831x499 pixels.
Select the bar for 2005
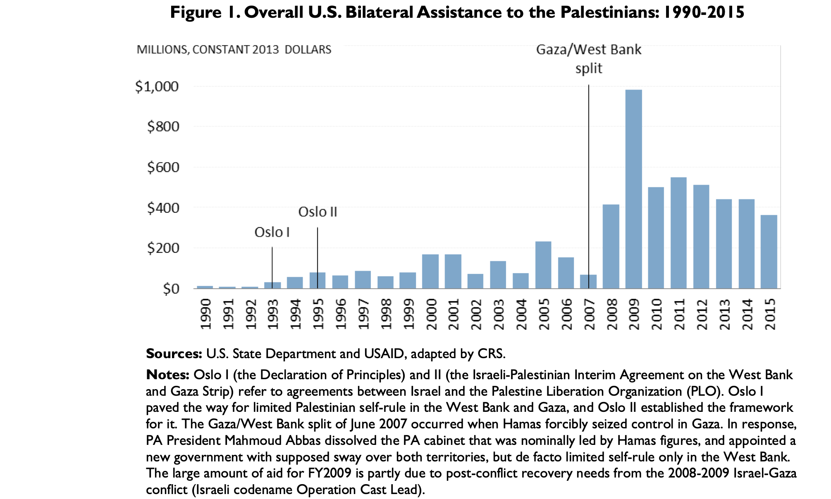coord(543,265)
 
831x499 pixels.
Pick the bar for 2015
coord(769,252)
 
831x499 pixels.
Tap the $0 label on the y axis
coord(171,289)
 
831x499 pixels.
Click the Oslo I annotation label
coord(272,232)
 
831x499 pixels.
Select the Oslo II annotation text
coord(318,212)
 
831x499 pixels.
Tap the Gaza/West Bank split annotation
coord(588,58)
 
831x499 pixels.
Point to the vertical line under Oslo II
coord(318,256)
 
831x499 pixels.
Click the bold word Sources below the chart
coord(174,354)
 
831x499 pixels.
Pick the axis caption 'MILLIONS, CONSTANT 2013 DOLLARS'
coord(234,50)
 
